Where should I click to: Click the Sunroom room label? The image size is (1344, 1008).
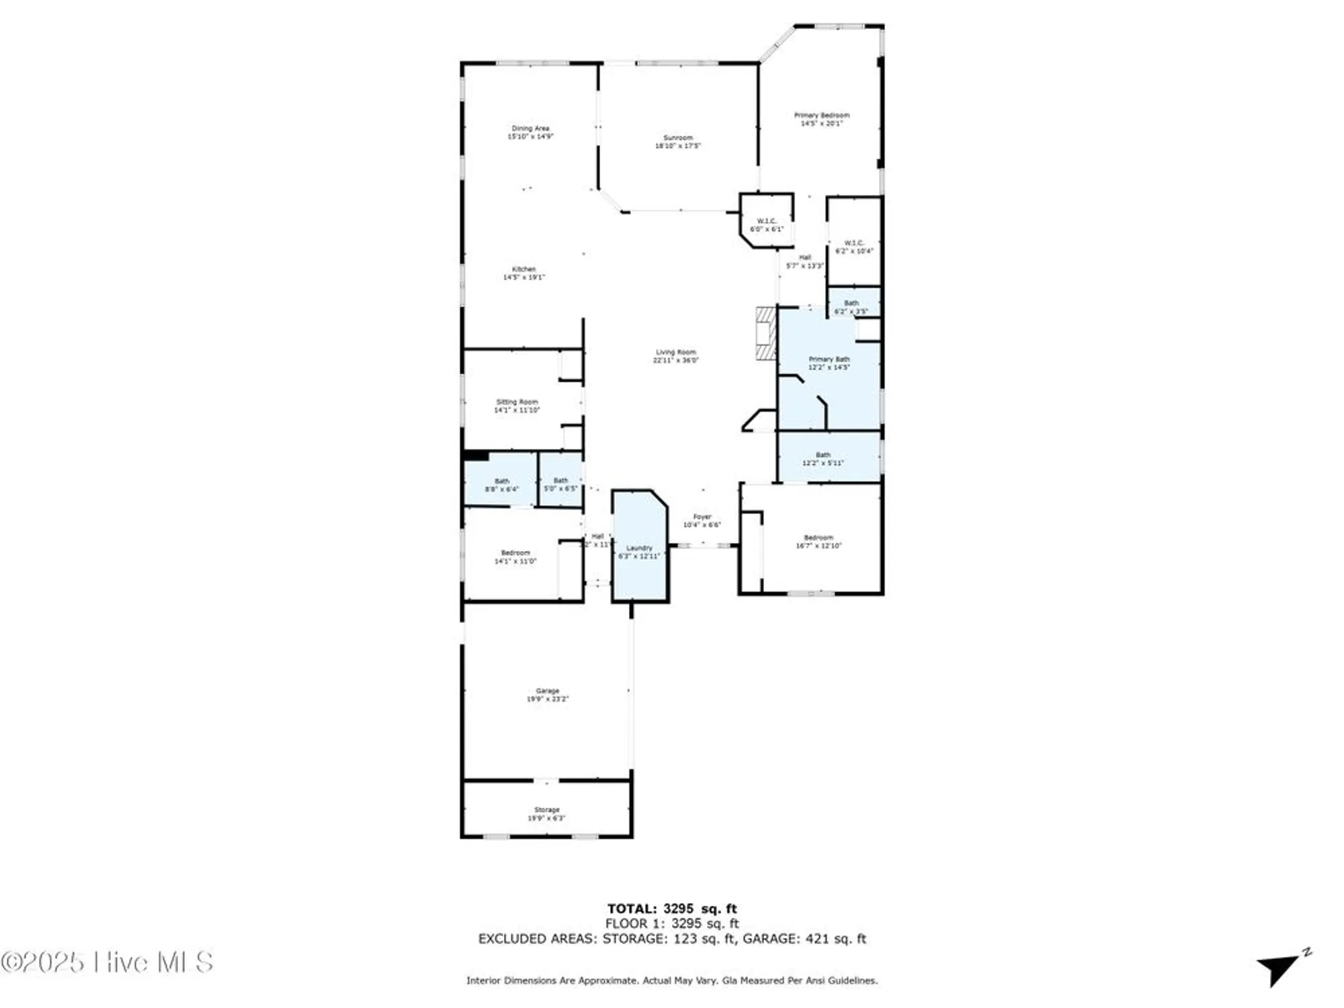coord(677,138)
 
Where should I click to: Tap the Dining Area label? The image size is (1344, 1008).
coord(530,128)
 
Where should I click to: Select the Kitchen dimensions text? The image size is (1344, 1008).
coord(524,277)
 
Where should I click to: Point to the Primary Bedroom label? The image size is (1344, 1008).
coord(821,116)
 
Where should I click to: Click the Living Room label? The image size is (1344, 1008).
coord(676,352)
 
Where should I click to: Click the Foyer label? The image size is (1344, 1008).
coord(702,517)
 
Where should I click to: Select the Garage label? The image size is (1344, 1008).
coord(547,691)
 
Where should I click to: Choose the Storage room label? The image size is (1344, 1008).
coord(547,810)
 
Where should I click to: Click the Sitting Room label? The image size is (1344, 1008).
coord(517,402)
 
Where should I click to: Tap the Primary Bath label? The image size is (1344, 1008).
coord(829,360)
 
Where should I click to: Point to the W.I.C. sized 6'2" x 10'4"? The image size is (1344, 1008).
coord(853,247)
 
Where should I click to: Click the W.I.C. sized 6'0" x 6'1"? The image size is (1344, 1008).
coord(767,224)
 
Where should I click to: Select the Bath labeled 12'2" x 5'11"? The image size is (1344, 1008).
coord(823,459)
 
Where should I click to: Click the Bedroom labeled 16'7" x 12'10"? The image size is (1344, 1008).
coord(818,542)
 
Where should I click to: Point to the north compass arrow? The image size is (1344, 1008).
coord(1281,968)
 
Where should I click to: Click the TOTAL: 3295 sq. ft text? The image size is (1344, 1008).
coord(672,909)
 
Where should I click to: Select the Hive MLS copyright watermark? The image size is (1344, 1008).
coord(108,962)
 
